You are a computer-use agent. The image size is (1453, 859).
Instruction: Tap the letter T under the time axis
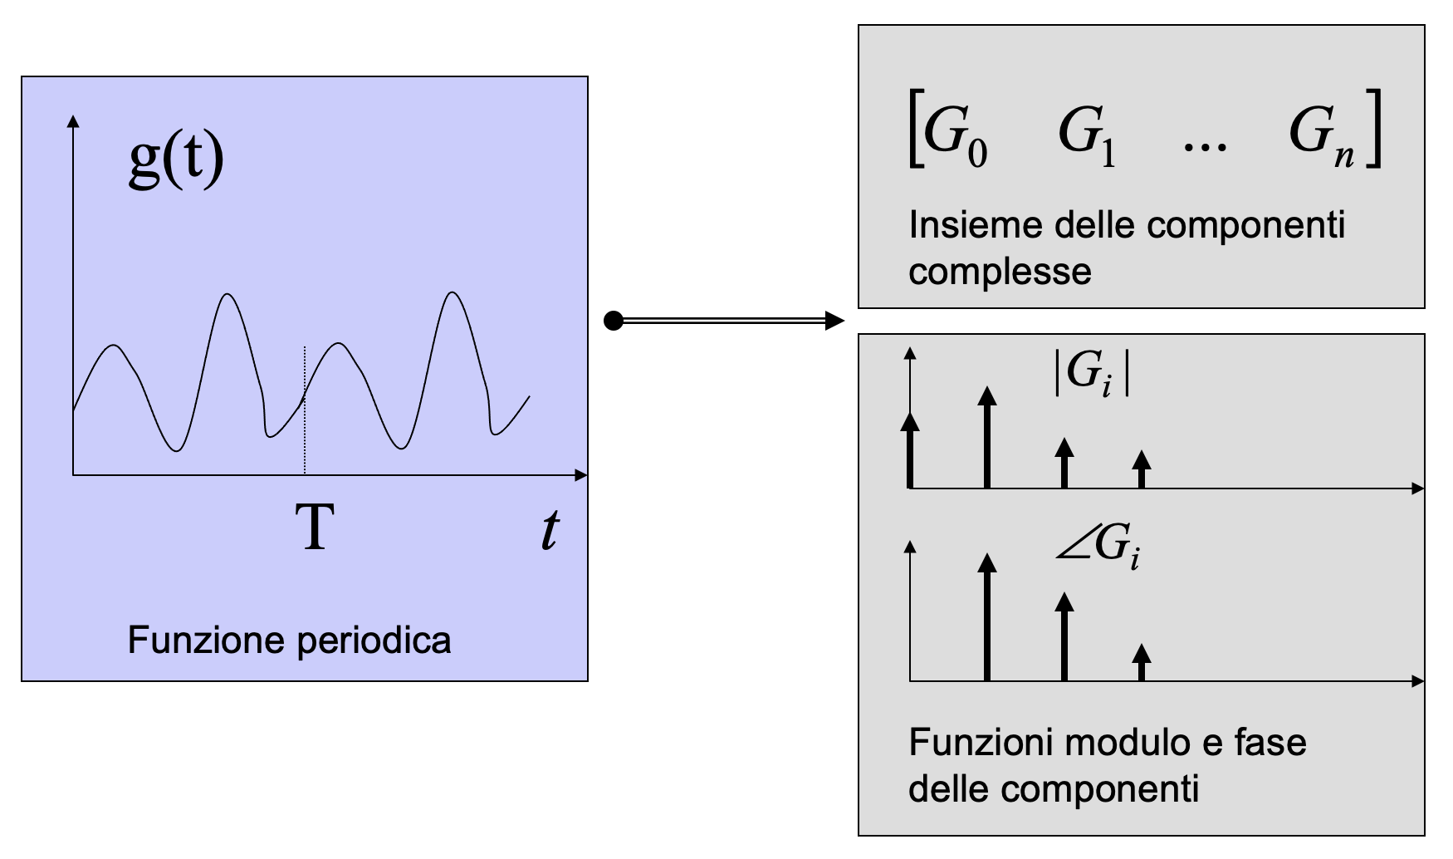click(x=315, y=528)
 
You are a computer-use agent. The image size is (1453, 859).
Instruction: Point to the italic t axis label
click(x=549, y=530)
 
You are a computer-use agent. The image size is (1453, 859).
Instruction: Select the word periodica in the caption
click(x=373, y=641)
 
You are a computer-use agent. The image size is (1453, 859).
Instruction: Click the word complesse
click(x=1000, y=272)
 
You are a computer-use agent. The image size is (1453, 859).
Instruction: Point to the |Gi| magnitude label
click(x=1091, y=372)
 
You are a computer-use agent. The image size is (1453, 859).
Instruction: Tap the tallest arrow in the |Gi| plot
click(x=986, y=438)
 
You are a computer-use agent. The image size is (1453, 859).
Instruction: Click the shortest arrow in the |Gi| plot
click(x=1142, y=469)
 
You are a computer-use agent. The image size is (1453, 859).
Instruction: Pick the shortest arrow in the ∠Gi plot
click(x=1142, y=662)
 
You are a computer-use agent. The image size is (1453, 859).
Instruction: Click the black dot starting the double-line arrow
click(x=614, y=321)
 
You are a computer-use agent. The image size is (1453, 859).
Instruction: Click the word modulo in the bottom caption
click(x=1123, y=743)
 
